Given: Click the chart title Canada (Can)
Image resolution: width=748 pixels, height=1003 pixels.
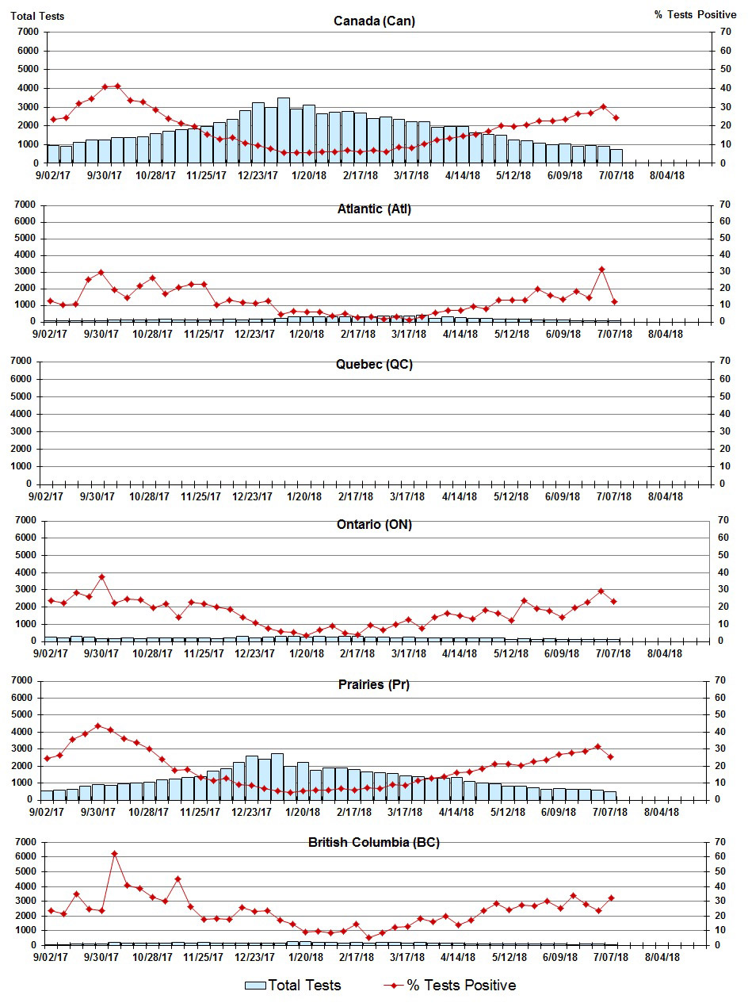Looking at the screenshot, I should click(x=374, y=21).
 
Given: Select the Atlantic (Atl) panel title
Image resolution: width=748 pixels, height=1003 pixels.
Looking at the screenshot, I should click(x=374, y=209).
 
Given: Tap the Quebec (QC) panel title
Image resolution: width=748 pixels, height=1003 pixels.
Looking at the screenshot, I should click(x=374, y=365).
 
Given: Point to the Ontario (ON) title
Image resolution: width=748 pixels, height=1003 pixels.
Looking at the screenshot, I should click(x=374, y=524).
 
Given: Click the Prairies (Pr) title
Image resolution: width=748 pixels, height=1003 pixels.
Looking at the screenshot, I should click(x=374, y=685).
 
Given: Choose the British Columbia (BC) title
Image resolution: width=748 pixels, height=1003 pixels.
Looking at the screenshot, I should click(x=374, y=842).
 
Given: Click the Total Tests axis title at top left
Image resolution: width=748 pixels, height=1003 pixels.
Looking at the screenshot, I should click(x=37, y=15).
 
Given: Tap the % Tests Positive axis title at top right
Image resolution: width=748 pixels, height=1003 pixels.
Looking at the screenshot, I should click(x=695, y=15).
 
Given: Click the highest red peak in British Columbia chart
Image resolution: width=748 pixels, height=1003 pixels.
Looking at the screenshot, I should click(x=114, y=853).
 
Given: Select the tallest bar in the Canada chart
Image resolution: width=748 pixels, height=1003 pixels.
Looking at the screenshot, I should click(x=283, y=130).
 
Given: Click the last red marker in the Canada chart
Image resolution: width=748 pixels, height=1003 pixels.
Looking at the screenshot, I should click(x=616, y=117).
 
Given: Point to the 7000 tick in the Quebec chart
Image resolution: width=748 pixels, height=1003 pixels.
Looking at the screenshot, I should click(x=27, y=362).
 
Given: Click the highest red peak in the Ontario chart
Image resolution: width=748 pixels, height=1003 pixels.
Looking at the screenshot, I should click(x=101, y=576).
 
